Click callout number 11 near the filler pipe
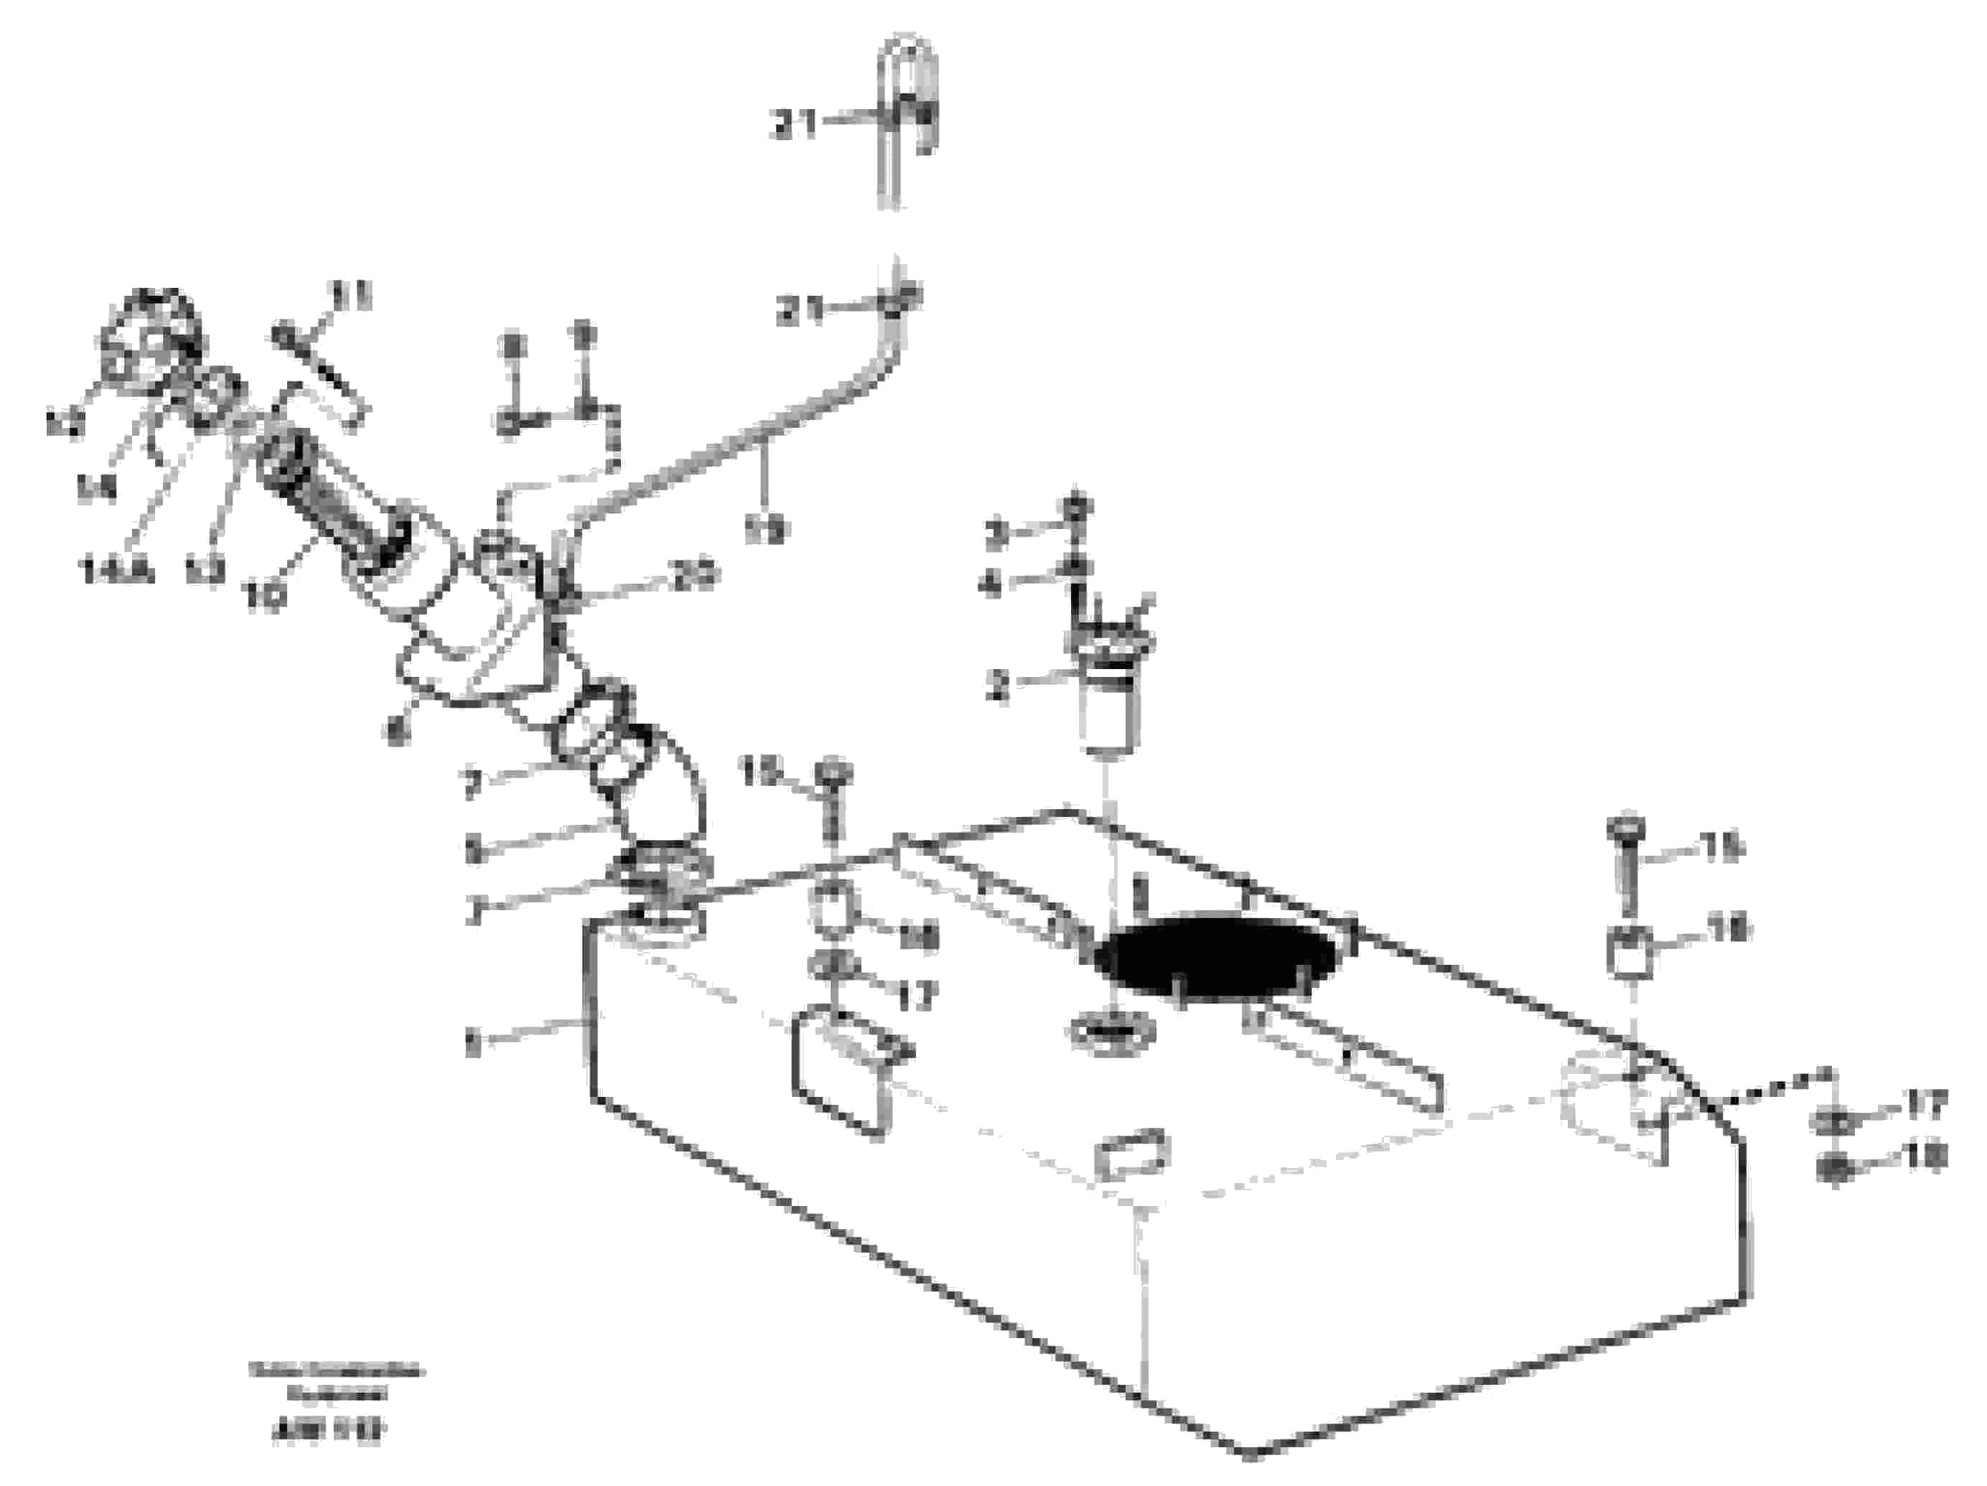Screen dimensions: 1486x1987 click(352, 296)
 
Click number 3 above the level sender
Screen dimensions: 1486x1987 click(997, 536)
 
